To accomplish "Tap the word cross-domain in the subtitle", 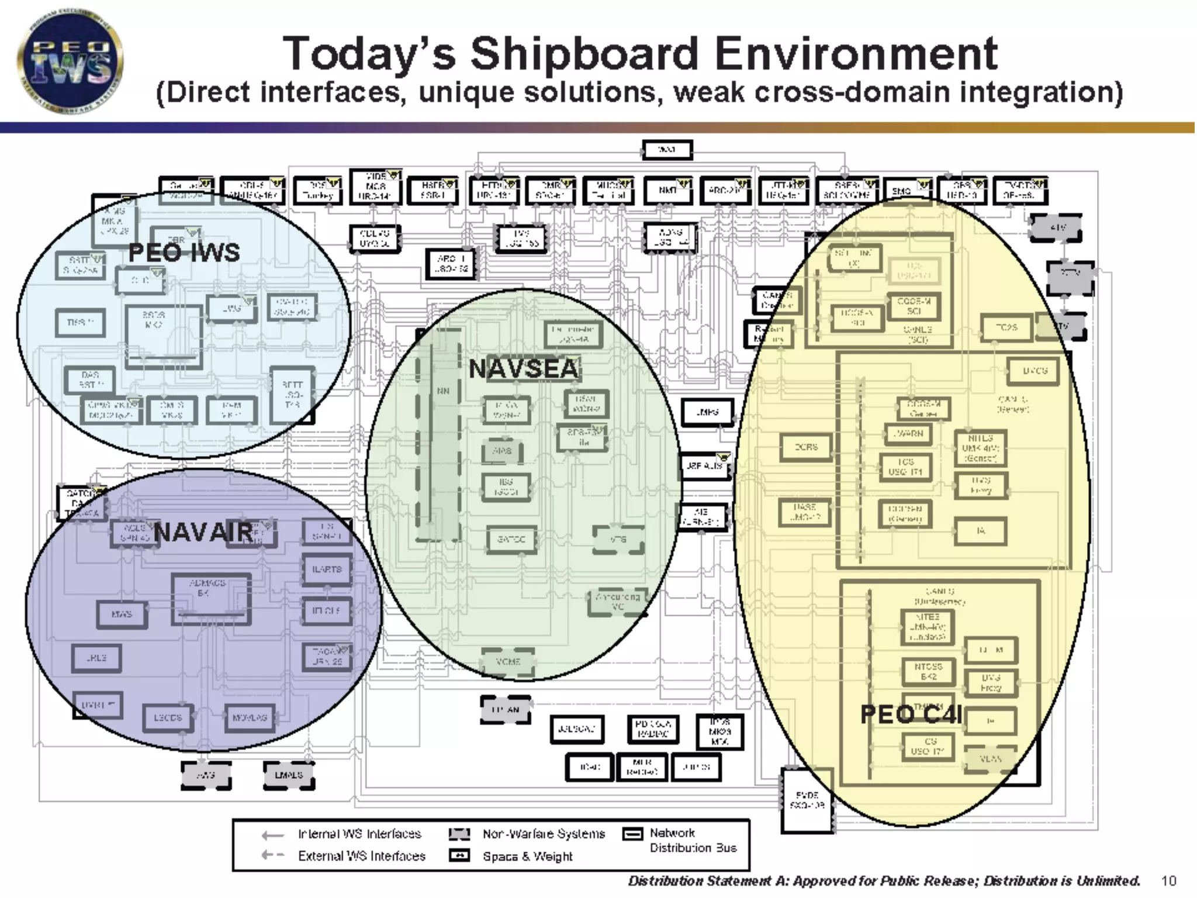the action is pos(807,92).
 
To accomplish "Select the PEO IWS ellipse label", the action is pos(184,253).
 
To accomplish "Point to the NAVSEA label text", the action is pos(524,369).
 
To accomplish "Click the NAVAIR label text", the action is pos(204,533).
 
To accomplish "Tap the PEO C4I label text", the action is pos(911,714).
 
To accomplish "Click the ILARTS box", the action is pos(327,569).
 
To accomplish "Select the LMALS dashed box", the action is pos(289,775).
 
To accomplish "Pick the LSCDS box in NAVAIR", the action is pos(168,717).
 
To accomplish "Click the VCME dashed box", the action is pos(508,662).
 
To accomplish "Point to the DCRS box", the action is pos(806,447).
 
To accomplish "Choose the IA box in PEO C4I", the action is pos(981,531).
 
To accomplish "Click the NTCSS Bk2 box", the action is pos(928,671).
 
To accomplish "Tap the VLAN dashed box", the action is pos(990,759).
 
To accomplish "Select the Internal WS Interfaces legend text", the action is pos(359,834).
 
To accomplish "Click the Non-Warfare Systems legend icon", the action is pos(459,834).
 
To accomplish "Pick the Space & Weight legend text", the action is pos(527,856).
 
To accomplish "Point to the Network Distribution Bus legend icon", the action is pos(632,834).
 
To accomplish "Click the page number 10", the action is pos(1168,880).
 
